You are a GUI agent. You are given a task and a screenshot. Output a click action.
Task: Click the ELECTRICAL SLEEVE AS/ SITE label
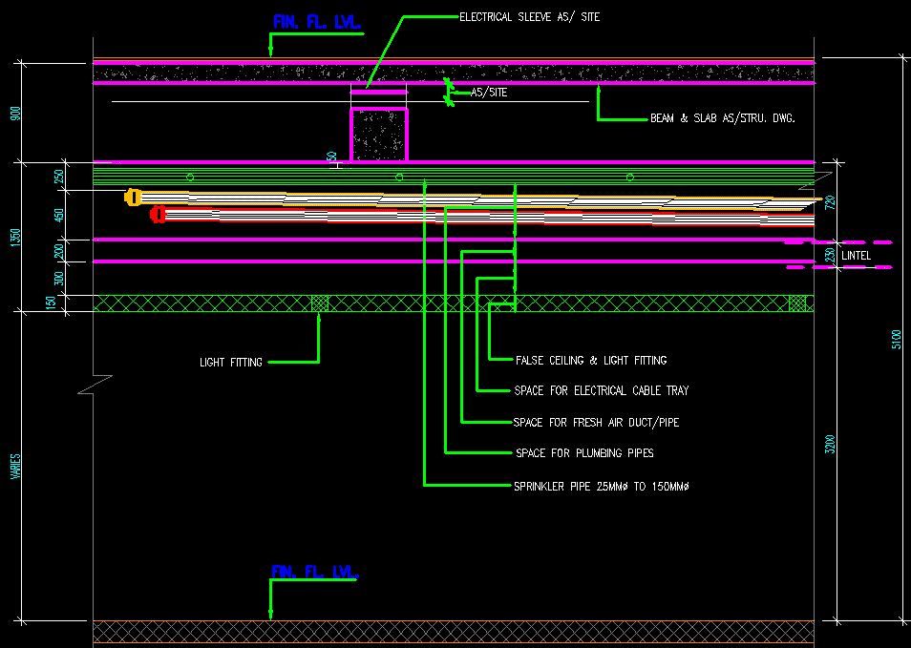pyautogui.click(x=529, y=17)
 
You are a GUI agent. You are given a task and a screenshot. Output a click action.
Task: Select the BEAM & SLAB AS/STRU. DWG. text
pyautogui.click(x=723, y=119)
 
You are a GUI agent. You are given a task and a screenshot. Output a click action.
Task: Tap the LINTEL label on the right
pyautogui.click(x=856, y=256)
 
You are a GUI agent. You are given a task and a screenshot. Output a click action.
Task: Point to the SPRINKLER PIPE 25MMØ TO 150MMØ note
pyautogui.click(x=602, y=487)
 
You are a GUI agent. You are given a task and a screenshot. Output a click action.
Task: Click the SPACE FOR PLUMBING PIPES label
pyautogui.click(x=584, y=453)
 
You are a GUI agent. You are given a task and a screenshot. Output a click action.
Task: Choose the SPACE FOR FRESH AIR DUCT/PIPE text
pyautogui.click(x=596, y=423)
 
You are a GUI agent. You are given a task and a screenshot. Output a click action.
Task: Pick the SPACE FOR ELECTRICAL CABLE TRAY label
pyautogui.click(x=601, y=391)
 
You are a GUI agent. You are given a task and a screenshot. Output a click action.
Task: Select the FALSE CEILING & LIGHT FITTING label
pyautogui.click(x=590, y=361)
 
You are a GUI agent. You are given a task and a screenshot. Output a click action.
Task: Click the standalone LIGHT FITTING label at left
pyautogui.click(x=230, y=363)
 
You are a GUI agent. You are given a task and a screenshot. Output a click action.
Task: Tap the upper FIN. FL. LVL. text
pyautogui.click(x=317, y=22)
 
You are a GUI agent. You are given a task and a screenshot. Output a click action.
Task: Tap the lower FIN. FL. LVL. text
pyautogui.click(x=315, y=572)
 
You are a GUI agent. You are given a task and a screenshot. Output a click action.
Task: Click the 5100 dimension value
pyautogui.click(x=896, y=340)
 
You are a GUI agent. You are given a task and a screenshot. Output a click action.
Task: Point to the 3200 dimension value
pyautogui.click(x=830, y=445)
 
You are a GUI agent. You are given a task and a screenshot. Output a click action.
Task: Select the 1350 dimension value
pyautogui.click(x=14, y=238)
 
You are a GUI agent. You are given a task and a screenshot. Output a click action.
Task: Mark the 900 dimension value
pyautogui.click(x=14, y=114)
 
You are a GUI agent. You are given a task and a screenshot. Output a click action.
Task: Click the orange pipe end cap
pyautogui.click(x=133, y=198)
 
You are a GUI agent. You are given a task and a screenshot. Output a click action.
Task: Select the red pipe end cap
pyautogui.click(x=159, y=215)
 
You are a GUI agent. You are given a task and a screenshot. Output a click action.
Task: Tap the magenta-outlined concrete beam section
pyautogui.click(x=379, y=135)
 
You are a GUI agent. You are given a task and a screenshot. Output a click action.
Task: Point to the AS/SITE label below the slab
pyautogui.click(x=489, y=94)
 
